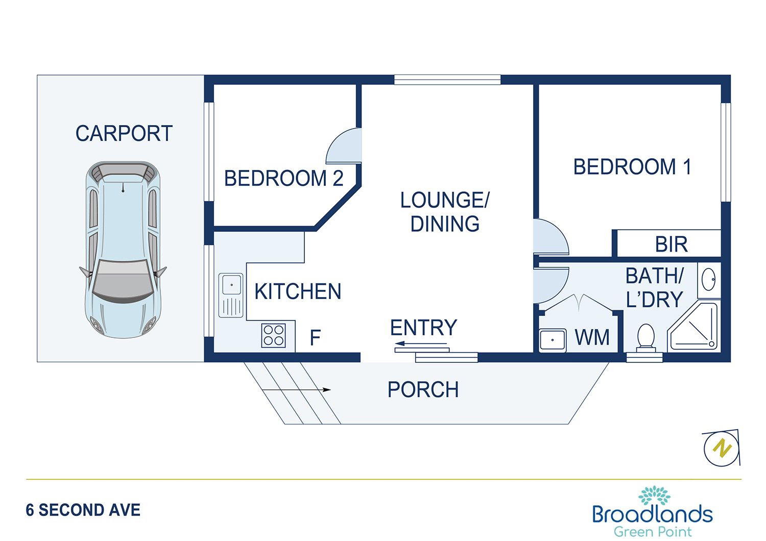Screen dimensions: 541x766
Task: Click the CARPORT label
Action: pyautogui.click(x=124, y=134)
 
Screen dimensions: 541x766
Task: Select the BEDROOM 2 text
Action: pyautogui.click(x=283, y=179)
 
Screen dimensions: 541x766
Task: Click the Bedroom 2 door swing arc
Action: pyautogui.click(x=343, y=146)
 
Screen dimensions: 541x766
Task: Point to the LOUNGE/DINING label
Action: pyautogui.click(x=445, y=212)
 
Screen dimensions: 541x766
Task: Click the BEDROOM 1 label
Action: pyautogui.click(x=632, y=167)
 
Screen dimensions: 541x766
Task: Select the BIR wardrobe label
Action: pyautogui.click(x=671, y=244)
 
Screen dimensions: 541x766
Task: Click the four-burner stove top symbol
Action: pyautogui.click(x=274, y=335)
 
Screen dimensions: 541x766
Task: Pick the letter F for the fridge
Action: pyautogui.click(x=315, y=338)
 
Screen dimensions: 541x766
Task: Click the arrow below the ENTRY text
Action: pyautogui.click(x=421, y=344)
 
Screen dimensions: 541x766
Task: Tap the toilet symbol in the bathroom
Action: pyautogui.click(x=646, y=337)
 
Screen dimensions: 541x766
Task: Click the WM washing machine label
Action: pyautogui.click(x=592, y=338)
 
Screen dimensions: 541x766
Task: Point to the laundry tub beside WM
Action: pyautogui.click(x=553, y=339)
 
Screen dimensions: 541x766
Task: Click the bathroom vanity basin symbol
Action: pyautogui.click(x=709, y=280)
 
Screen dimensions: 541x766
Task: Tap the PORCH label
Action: pyautogui.click(x=423, y=390)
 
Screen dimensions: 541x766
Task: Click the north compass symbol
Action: pyautogui.click(x=721, y=448)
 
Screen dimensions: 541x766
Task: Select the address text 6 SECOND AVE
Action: pyautogui.click(x=83, y=510)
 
